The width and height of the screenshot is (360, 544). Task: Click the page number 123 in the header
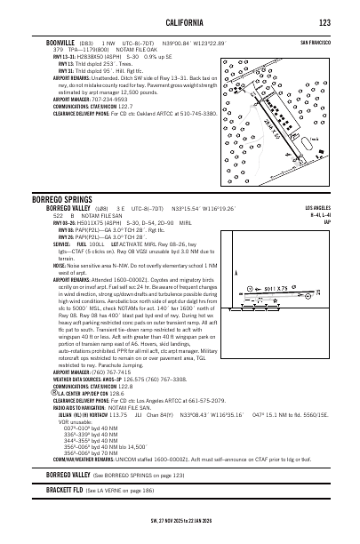(x=325, y=22)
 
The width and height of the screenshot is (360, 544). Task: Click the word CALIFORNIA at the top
(x=180, y=22)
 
